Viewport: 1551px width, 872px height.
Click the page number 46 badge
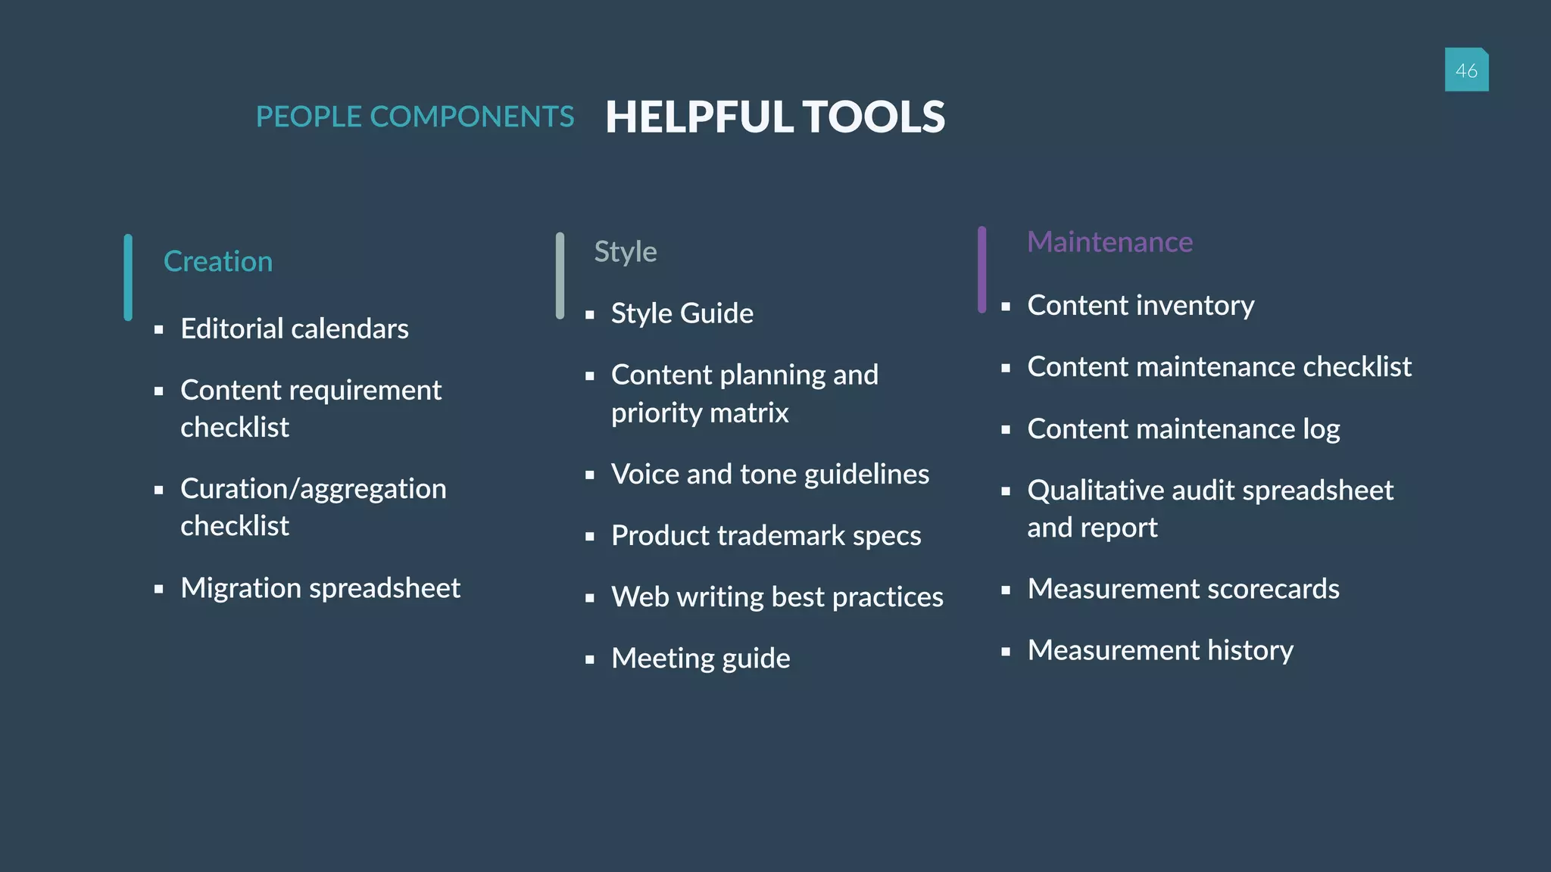[x=1466, y=70]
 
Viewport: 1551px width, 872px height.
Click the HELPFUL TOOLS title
[x=775, y=117]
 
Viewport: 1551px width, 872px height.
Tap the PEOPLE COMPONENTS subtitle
[x=415, y=117]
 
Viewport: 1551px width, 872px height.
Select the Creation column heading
[x=218, y=261]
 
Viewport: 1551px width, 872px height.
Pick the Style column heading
[x=625, y=251]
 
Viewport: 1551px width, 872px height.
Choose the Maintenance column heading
[x=1109, y=242]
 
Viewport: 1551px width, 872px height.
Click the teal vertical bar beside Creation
[x=128, y=277]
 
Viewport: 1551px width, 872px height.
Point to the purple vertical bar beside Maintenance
[x=981, y=269]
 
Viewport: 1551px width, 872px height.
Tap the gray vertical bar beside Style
[x=560, y=276]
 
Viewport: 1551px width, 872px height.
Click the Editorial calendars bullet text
[x=295, y=329]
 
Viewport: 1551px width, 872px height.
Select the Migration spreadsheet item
[x=320, y=588]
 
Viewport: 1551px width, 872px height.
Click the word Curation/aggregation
[x=314, y=489]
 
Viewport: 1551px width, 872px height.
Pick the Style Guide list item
[x=682, y=313]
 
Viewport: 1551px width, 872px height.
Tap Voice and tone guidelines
[x=770, y=475]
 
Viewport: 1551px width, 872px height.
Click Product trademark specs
[x=766, y=536]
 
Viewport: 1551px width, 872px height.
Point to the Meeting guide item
[x=701, y=659]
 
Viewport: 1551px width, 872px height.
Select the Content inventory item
[x=1141, y=306]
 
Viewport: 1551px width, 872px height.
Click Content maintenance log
[x=1184, y=429]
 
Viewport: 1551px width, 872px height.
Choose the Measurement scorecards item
[x=1183, y=589]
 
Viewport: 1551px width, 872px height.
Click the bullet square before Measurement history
[x=1006, y=651]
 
